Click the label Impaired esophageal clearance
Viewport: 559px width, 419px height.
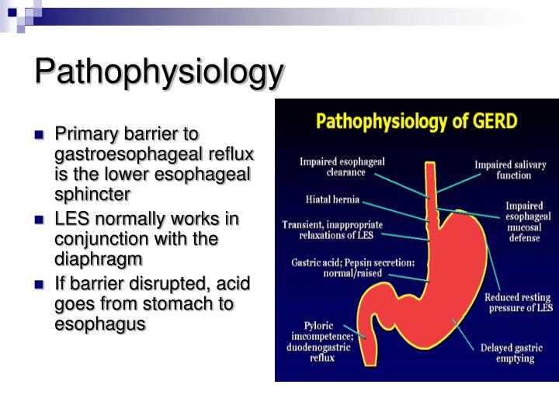tap(342, 167)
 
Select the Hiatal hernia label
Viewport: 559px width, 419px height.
tap(332, 199)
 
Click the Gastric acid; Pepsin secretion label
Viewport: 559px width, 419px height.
tap(352, 268)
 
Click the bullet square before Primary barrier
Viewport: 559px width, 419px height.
tap(40, 134)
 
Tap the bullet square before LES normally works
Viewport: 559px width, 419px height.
tap(40, 220)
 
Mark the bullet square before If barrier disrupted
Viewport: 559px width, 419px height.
tap(40, 284)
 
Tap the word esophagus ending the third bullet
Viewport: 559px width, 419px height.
tap(100, 323)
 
